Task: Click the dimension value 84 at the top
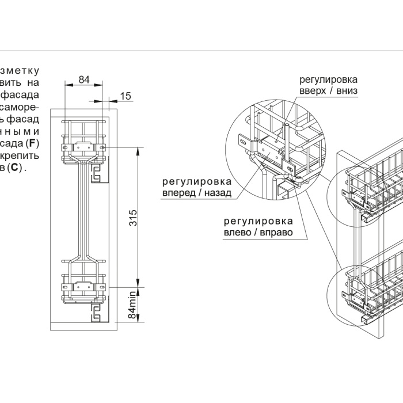click(x=84, y=79)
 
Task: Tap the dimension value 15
click(x=126, y=95)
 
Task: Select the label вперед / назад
click(x=197, y=193)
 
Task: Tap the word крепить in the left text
click(x=21, y=155)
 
